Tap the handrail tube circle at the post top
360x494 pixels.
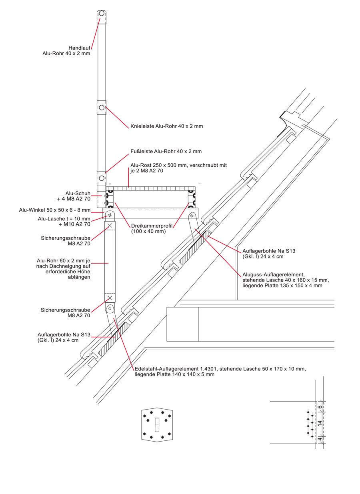102,14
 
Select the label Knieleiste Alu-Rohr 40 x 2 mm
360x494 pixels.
167,126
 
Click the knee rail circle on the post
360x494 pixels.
102,108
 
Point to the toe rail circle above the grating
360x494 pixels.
102,178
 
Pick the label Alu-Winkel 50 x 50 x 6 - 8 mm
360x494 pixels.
55,210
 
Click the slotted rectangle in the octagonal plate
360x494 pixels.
157,424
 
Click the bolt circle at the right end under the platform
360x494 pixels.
192,216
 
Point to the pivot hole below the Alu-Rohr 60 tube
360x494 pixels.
110,309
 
